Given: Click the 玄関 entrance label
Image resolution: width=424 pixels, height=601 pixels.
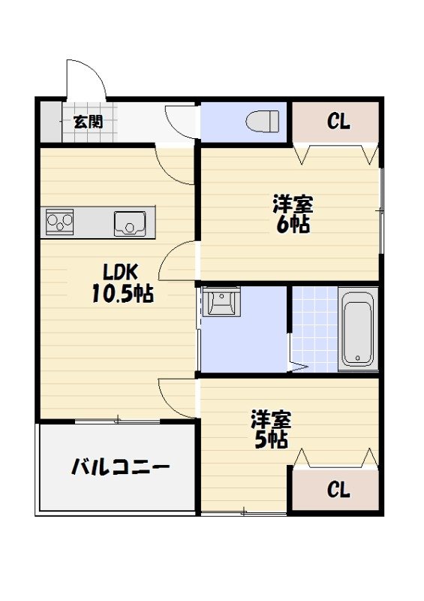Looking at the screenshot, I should point(88,120).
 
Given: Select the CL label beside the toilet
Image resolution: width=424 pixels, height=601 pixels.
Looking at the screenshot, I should point(338,122).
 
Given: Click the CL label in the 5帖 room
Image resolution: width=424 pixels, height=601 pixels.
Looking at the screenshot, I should point(338,491).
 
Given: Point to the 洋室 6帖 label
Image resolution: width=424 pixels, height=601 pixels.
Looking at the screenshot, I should point(293,214).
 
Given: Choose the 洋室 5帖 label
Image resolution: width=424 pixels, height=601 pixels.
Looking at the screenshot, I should point(271,429).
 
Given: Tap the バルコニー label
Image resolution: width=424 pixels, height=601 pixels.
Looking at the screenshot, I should point(120,468).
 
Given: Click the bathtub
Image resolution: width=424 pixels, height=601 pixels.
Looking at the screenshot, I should point(357,328).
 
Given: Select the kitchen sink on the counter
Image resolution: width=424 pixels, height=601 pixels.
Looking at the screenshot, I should point(130,223).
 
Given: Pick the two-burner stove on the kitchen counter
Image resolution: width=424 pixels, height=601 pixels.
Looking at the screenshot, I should point(60,222).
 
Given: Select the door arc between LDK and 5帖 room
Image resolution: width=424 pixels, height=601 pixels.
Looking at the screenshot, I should point(177,397).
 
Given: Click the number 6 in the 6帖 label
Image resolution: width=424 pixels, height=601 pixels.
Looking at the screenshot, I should point(283,224).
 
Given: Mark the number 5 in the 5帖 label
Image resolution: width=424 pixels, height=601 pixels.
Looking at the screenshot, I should point(261,439).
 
